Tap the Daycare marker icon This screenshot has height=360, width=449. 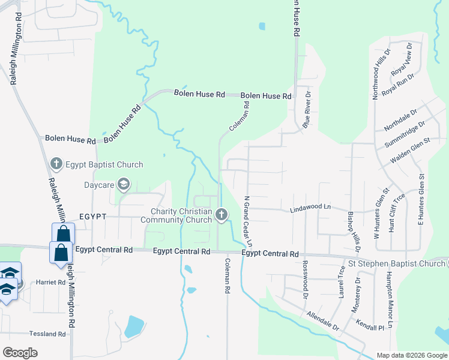[124, 184]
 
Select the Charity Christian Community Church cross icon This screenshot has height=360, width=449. [221, 214]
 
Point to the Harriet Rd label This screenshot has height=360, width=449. [50, 282]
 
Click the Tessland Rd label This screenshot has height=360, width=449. [46, 334]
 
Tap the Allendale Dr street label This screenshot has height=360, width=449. [322, 322]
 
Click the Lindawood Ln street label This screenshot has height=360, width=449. [310, 208]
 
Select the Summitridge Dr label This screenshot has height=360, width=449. [404, 135]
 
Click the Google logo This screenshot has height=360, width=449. [20, 352]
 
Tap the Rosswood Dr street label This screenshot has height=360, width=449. [306, 275]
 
